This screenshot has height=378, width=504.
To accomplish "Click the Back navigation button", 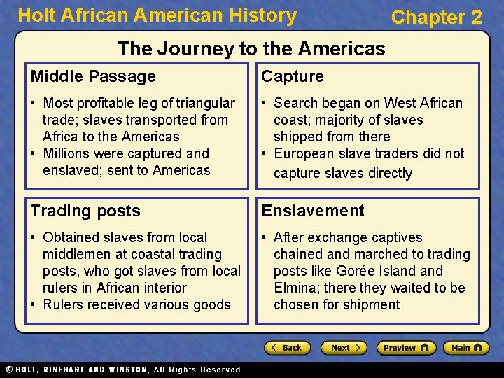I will click(x=286, y=348).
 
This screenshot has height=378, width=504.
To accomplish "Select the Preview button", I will click(x=406, y=348).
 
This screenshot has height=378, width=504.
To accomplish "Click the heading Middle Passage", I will click(x=93, y=76).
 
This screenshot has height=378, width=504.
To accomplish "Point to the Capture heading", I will click(x=293, y=76).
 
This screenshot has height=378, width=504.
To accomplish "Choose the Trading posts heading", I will click(x=85, y=211).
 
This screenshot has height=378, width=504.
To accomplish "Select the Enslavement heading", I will click(x=313, y=211).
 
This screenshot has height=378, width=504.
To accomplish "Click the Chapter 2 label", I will click(x=437, y=17).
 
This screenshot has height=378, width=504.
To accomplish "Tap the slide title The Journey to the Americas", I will click(x=251, y=48).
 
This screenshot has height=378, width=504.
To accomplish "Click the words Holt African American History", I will click(x=157, y=15).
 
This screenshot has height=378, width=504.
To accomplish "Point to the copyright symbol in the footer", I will click(x=8, y=370).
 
